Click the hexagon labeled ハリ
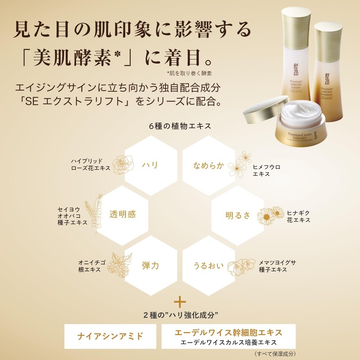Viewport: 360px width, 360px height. [x=149, y=165]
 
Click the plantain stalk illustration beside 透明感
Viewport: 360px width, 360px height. [x=94, y=211]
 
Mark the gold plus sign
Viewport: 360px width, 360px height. [x=180, y=300]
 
